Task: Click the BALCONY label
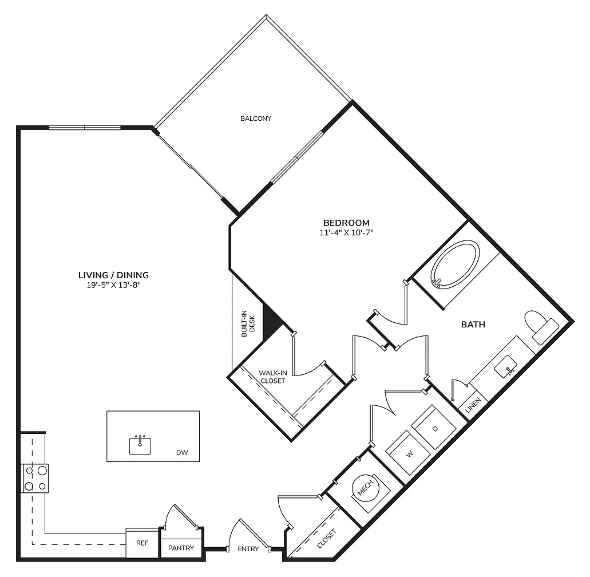[x=255, y=118]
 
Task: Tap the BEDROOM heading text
[x=346, y=223]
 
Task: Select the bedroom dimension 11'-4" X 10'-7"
[x=346, y=232]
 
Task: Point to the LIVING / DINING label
[x=113, y=275]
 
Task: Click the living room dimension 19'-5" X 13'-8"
[x=113, y=285]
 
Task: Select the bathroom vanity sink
[x=506, y=366]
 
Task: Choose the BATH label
[x=473, y=325]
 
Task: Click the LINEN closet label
[x=473, y=405]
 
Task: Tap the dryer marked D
[x=434, y=427]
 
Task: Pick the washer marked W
[x=409, y=453]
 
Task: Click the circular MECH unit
[x=365, y=488]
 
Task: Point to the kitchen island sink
[x=140, y=445]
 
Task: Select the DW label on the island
[x=182, y=453]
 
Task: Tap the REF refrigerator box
[x=142, y=543]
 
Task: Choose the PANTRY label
[x=181, y=548]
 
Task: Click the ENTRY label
[x=248, y=549]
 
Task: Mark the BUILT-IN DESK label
[x=248, y=323]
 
